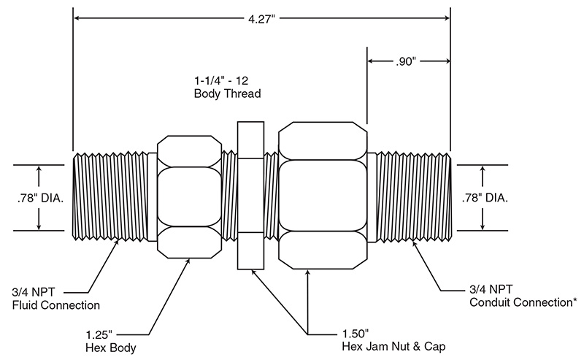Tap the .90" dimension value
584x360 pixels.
click(407, 62)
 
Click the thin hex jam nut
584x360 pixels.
click(250, 196)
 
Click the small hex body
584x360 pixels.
click(189, 196)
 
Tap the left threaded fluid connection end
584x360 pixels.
click(109, 197)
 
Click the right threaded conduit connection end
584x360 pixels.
click(412, 197)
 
